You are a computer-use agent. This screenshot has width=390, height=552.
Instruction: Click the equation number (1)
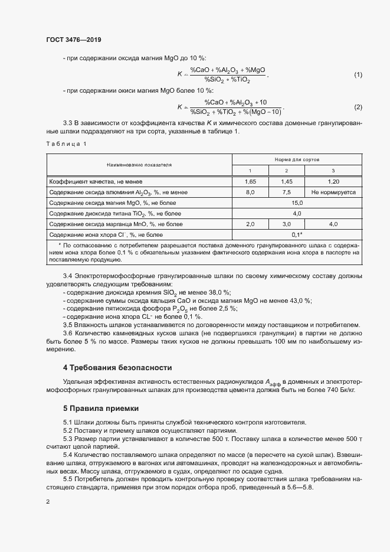tap(358, 75)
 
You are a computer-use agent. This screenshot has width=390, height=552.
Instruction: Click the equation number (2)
tap(358, 107)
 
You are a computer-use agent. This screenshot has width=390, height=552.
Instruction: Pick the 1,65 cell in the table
tap(250, 181)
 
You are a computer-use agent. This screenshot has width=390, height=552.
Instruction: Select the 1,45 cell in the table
tap(286, 181)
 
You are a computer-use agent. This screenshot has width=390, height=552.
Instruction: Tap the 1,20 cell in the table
tap(333, 181)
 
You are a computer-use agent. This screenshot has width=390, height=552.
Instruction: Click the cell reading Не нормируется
tap(333, 192)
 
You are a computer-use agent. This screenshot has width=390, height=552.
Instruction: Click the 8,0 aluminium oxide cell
tap(250, 192)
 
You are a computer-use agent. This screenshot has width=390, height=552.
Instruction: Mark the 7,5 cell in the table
tap(286, 192)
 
